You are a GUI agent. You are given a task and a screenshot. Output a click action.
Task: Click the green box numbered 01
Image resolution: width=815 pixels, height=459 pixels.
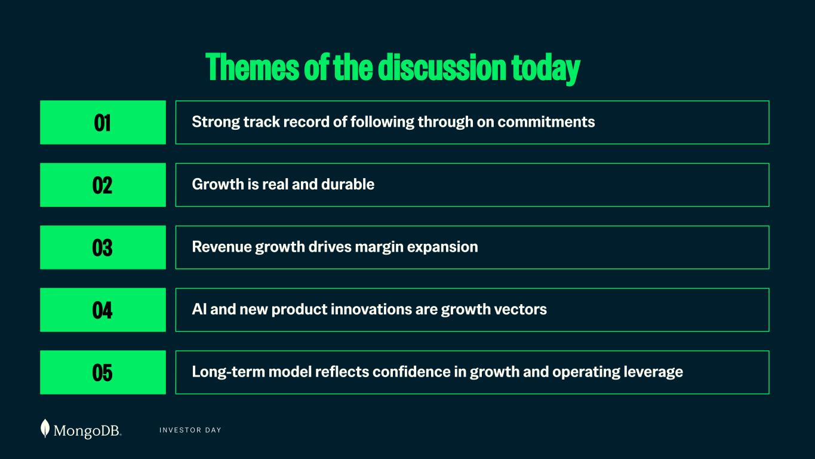click(x=103, y=123)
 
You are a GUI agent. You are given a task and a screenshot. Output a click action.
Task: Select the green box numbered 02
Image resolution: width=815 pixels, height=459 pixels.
click(x=103, y=185)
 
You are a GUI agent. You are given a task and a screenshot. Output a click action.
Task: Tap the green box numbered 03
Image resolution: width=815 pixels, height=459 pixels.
click(x=103, y=247)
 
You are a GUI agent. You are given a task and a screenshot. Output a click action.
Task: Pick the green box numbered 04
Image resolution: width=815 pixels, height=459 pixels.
click(x=103, y=310)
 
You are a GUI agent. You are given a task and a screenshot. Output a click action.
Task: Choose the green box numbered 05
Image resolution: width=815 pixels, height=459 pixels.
click(x=103, y=372)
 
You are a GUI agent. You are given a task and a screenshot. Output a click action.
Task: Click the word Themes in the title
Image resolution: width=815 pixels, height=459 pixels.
click(x=252, y=67)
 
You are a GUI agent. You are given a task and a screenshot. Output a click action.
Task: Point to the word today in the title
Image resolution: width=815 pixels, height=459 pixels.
click(x=546, y=69)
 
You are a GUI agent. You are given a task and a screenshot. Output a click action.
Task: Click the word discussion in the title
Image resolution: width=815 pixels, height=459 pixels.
click(x=442, y=67)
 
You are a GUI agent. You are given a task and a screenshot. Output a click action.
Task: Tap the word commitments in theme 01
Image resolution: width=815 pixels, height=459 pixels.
click(x=546, y=122)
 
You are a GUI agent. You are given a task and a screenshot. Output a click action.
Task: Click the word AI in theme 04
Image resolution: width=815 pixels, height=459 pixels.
click(x=199, y=309)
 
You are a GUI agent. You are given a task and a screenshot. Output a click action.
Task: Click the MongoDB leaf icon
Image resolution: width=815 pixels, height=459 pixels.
click(x=45, y=429)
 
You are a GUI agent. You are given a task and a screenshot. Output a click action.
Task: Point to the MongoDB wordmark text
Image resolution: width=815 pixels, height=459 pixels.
click(x=87, y=431)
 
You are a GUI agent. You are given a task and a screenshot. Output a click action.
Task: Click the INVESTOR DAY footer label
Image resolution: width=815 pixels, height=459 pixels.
click(x=190, y=430)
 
